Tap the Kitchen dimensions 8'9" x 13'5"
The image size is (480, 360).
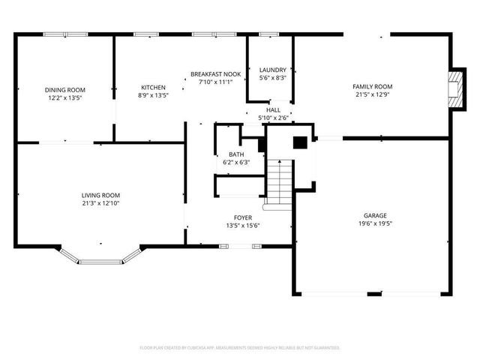click(154, 96)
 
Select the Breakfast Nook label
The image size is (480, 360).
click(215, 74)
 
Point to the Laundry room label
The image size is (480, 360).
click(272, 70)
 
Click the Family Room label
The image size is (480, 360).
click(372, 87)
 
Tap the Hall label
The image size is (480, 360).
click(274, 110)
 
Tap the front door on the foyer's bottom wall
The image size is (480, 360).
click(226, 245)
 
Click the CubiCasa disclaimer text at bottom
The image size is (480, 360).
click(240, 348)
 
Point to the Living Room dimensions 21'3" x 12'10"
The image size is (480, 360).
click(100, 202)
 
